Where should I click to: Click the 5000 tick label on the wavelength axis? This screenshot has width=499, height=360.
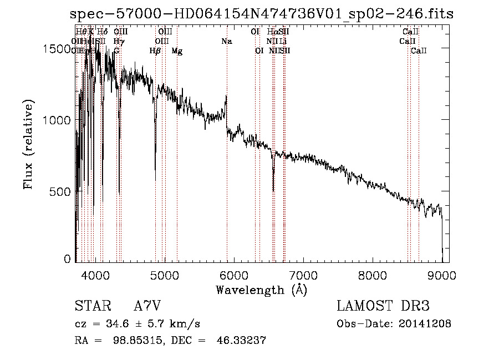tap(164, 276)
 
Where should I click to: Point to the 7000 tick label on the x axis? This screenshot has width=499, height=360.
tap(303, 276)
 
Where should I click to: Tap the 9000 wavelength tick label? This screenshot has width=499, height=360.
tap(441, 276)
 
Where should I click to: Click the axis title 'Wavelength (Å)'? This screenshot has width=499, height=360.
tap(261, 290)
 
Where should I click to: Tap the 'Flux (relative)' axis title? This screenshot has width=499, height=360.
tap(28, 144)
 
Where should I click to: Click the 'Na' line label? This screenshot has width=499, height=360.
tap(226, 41)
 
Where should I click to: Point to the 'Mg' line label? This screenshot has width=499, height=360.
tap(177, 51)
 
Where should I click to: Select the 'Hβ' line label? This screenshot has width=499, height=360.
tap(155, 51)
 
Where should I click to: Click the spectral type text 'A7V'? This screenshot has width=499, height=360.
tap(147, 307)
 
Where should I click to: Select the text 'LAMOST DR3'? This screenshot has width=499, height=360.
tap(383, 307)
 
